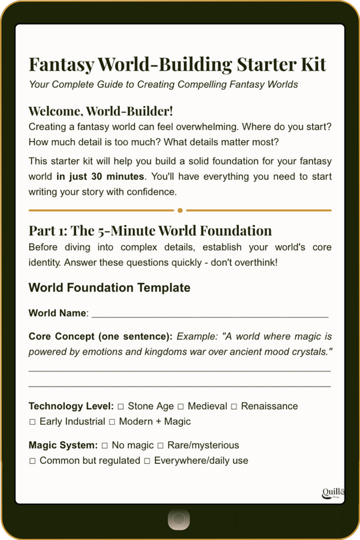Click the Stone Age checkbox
[121, 406]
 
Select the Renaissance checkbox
[235, 406]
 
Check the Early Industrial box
[32, 422]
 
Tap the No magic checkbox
[104, 445]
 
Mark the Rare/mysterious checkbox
[160, 445]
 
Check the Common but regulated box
[32, 461]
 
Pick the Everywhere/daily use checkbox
[147, 461]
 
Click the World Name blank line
[210, 314]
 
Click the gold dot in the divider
[180, 211]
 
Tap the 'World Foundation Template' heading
[109, 287]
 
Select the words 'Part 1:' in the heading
[49, 230]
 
